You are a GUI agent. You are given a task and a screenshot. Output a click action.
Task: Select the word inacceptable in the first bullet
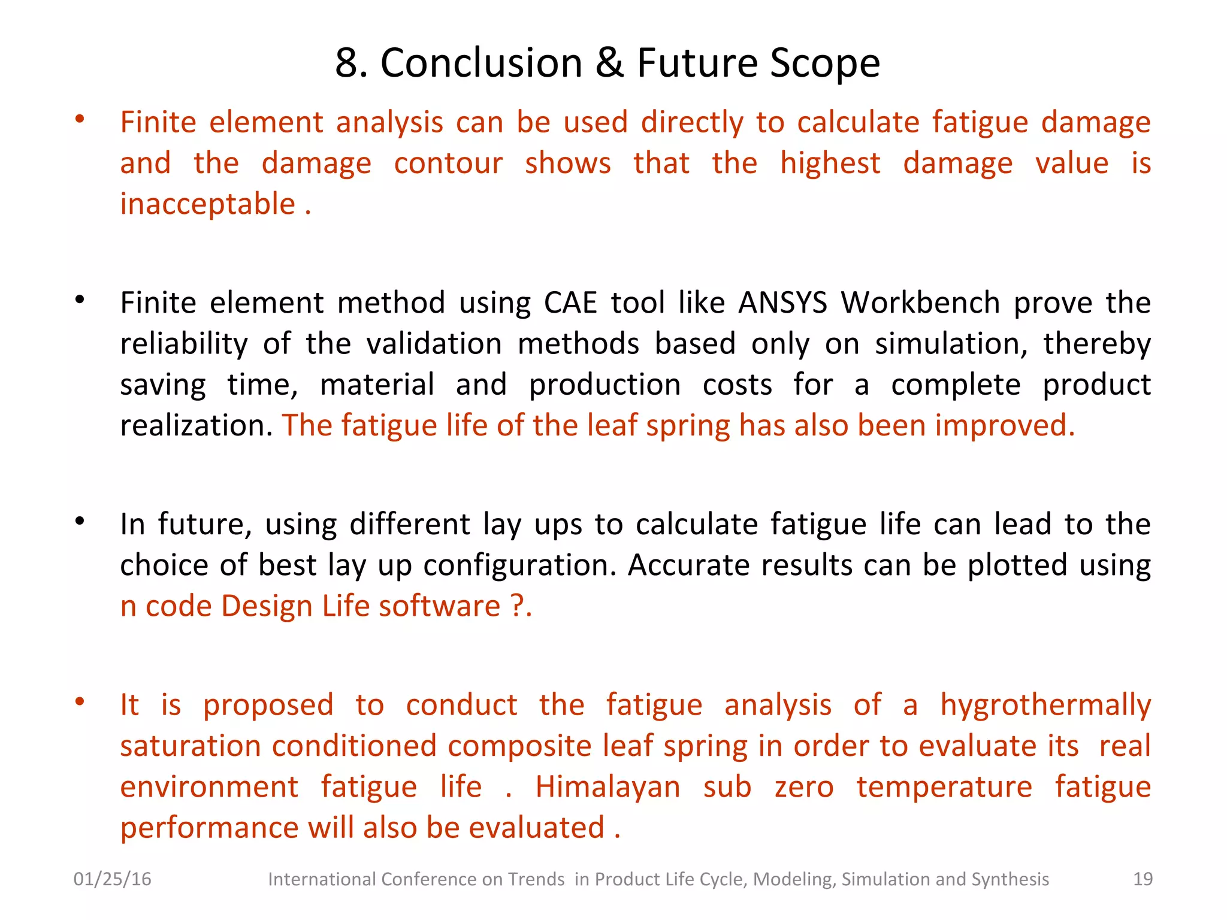(x=207, y=204)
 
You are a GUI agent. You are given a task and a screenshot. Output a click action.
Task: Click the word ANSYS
(x=782, y=303)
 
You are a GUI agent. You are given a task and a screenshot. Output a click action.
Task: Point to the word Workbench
(x=920, y=303)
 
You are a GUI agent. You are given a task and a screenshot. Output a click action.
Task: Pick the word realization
(x=196, y=426)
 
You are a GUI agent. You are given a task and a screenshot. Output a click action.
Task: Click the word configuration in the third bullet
(x=519, y=565)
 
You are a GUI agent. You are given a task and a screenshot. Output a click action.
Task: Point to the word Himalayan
(x=608, y=787)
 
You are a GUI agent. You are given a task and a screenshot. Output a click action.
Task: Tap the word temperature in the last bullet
(x=944, y=787)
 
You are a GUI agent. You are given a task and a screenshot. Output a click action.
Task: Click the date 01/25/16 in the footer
(x=112, y=879)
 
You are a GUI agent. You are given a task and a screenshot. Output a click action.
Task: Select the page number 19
(x=1143, y=879)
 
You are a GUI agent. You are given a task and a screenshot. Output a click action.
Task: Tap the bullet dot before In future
(x=80, y=521)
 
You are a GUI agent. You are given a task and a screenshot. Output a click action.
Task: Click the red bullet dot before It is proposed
(x=80, y=701)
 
